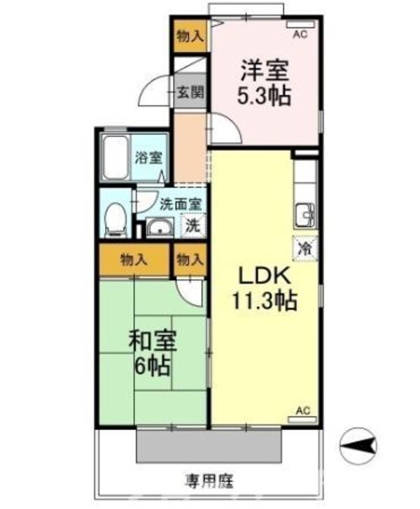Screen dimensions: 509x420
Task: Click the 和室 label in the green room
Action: point(153,342)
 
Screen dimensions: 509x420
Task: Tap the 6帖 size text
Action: point(153,365)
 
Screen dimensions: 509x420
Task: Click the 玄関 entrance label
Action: point(190,92)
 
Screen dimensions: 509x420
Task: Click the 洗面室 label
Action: point(181,205)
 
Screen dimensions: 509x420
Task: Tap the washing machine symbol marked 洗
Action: point(193,226)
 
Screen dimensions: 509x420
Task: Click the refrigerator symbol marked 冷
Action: point(305,248)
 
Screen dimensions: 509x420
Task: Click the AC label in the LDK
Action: point(302,410)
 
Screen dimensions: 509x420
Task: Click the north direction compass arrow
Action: point(362,442)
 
